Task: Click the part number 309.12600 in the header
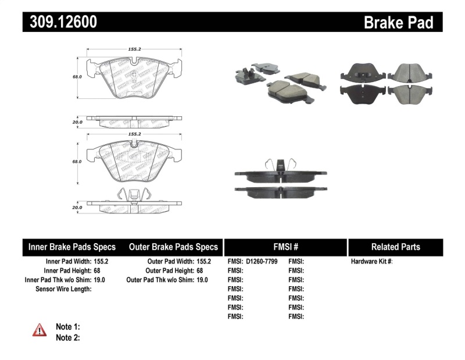(x=60, y=22)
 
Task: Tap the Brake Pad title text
(x=398, y=22)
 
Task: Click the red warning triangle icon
(x=40, y=330)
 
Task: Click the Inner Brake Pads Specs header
(x=72, y=247)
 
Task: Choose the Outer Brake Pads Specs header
(x=173, y=247)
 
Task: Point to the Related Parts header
(x=395, y=247)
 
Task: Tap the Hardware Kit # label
(x=371, y=262)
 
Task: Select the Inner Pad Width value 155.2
(x=101, y=262)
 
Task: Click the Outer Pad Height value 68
(x=199, y=270)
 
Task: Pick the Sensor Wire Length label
(x=63, y=288)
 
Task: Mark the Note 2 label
(x=67, y=337)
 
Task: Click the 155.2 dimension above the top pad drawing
(x=135, y=51)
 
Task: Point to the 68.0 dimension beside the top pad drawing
(x=77, y=76)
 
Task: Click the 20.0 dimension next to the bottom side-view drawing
(x=77, y=207)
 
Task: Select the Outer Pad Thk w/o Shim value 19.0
(x=202, y=280)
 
